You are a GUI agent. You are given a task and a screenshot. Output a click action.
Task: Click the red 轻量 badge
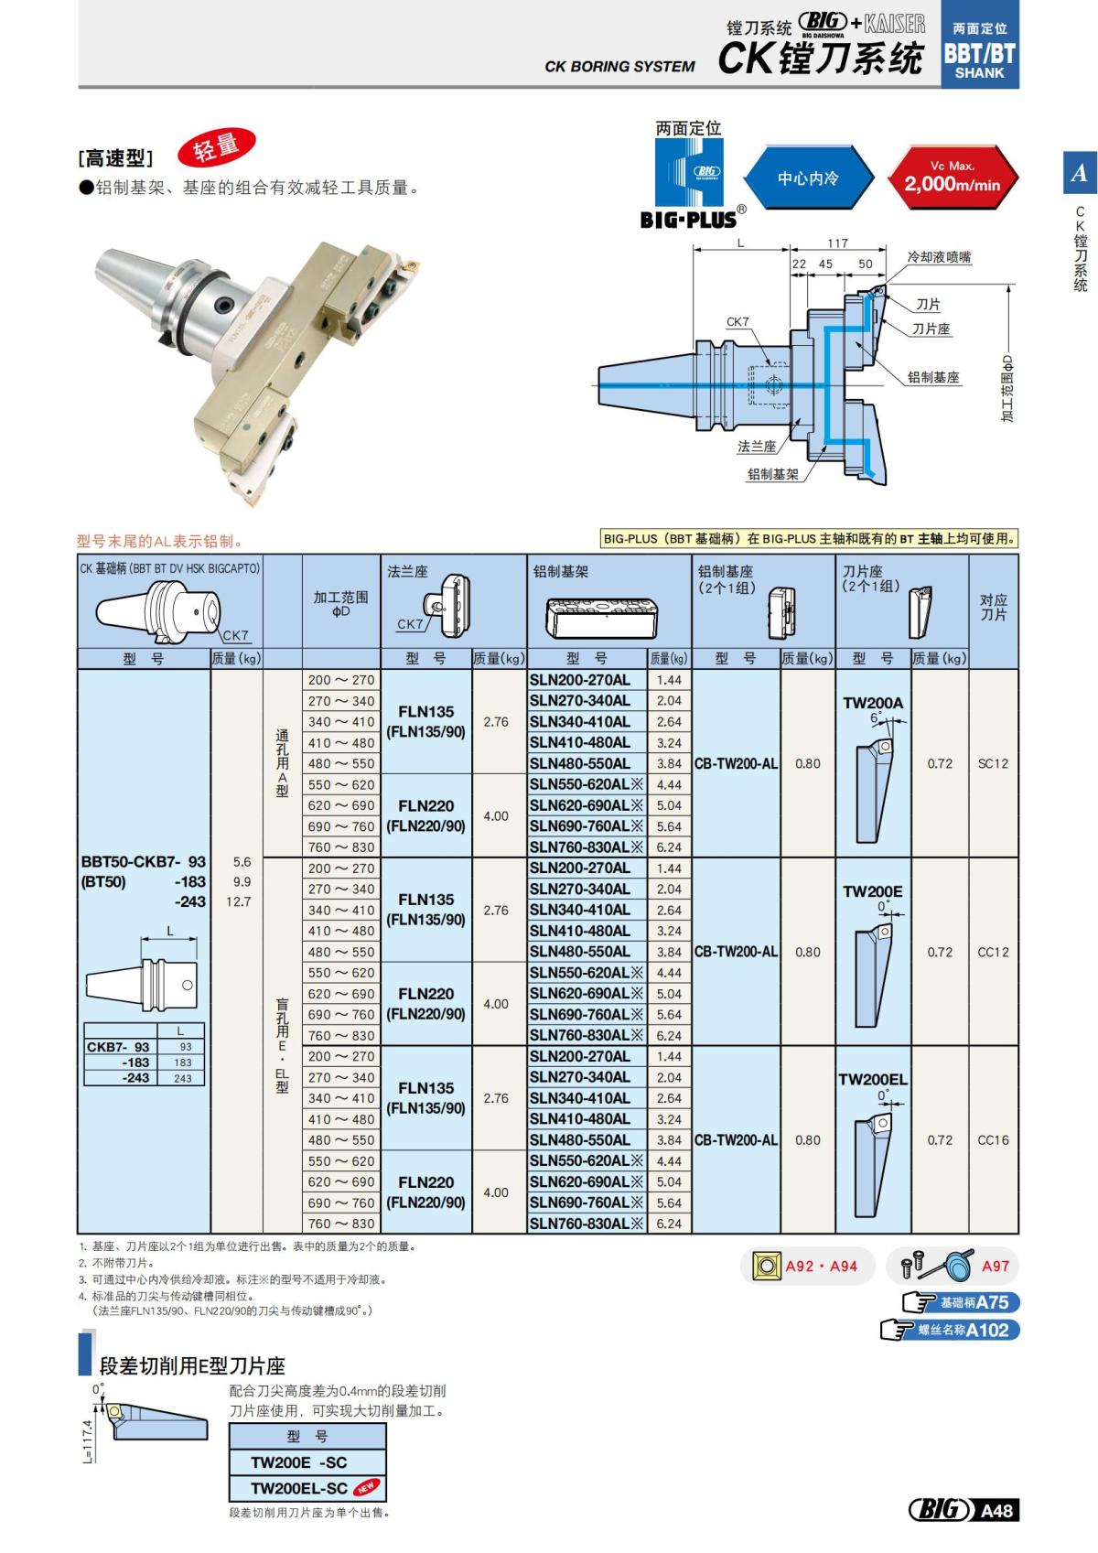click(x=216, y=147)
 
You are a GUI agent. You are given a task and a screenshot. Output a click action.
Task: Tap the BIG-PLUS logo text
click(x=688, y=220)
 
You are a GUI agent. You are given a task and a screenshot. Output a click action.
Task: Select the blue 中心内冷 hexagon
click(x=807, y=178)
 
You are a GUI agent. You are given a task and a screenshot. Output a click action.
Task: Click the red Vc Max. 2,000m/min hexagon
click(x=952, y=177)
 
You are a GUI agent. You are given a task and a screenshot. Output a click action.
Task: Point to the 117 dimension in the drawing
click(x=837, y=243)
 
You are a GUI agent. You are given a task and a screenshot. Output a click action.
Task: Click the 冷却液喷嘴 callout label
click(x=939, y=257)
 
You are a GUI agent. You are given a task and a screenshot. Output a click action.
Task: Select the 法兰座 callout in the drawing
click(x=757, y=447)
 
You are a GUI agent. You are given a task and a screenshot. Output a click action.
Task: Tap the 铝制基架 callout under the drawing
click(x=772, y=474)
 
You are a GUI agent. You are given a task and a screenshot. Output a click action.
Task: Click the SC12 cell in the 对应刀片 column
click(x=993, y=763)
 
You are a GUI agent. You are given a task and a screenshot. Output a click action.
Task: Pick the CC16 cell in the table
click(x=993, y=1140)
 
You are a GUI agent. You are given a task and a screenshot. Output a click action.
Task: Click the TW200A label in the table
click(x=872, y=703)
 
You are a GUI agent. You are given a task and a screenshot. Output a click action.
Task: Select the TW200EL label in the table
click(x=872, y=1079)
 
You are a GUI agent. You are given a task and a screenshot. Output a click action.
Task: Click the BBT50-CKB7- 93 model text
click(x=144, y=862)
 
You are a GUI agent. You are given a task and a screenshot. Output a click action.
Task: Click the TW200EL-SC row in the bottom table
click(x=299, y=1488)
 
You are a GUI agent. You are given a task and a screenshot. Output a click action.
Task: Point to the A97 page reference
click(x=995, y=1267)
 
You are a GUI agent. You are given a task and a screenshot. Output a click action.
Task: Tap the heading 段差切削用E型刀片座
click(x=192, y=1366)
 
